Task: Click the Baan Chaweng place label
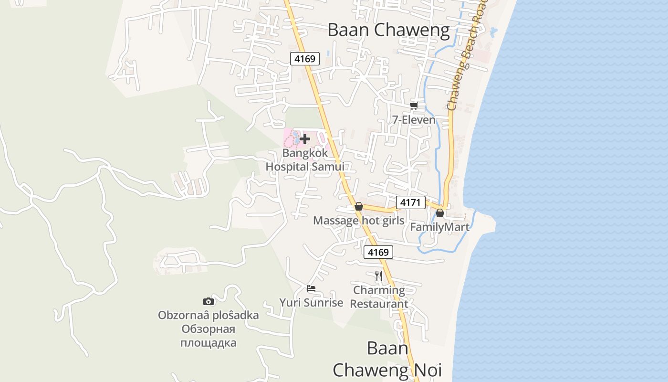tap(389, 31)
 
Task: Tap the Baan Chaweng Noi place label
tap(387, 359)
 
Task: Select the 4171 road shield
tap(410, 202)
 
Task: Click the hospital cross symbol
tap(305, 139)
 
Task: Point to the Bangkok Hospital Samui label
tap(305, 160)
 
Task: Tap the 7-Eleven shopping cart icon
tap(414, 106)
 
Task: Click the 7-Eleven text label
tap(414, 120)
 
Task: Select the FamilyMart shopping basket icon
tap(440, 213)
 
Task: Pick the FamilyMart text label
tap(440, 227)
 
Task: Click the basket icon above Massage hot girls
tap(359, 206)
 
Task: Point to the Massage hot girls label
tap(359, 221)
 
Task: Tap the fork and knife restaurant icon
tap(379, 276)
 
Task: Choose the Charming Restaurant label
tap(380, 297)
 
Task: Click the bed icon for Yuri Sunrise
tap(311, 288)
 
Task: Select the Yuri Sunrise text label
tap(311, 303)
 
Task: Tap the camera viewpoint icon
tap(209, 301)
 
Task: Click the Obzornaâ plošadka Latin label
tap(209, 315)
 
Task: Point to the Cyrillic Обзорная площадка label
tap(209, 336)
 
